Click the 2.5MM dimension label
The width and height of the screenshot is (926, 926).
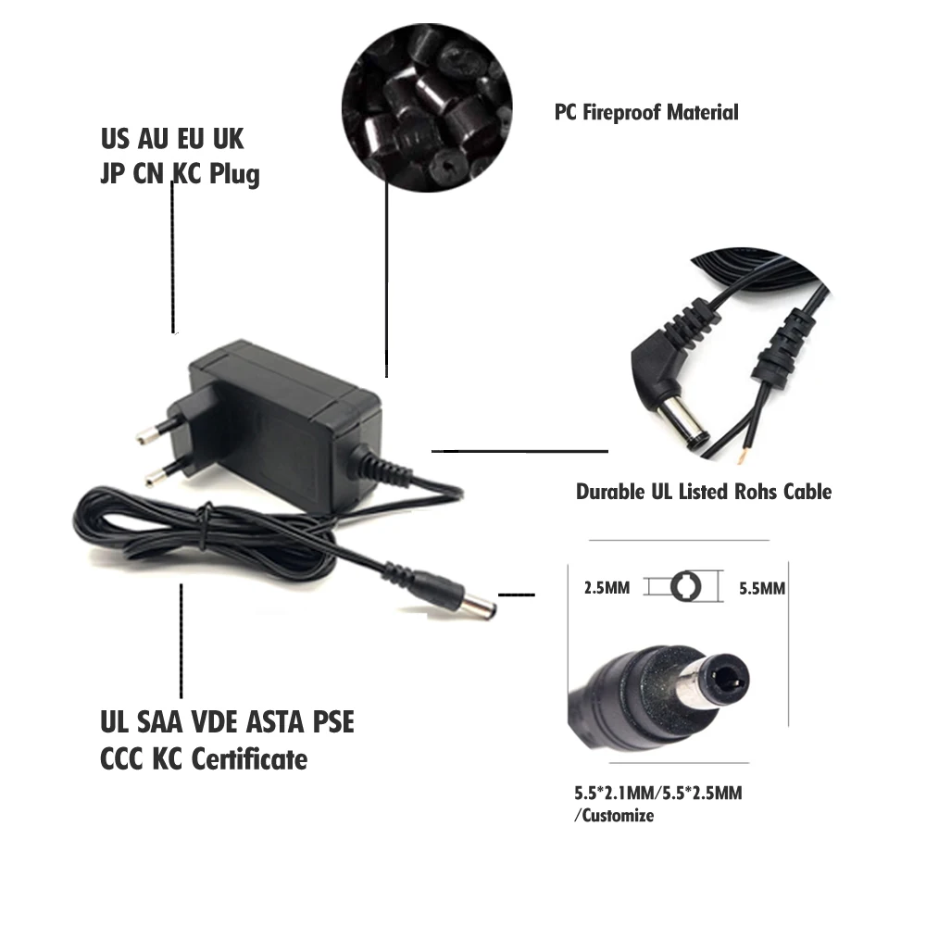pyautogui.click(x=607, y=588)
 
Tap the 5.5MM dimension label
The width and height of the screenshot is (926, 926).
pyautogui.click(x=762, y=588)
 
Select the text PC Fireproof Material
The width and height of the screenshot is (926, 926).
pyautogui.click(x=646, y=113)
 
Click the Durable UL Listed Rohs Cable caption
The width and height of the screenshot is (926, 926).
pyautogui.click(x=704, y=491)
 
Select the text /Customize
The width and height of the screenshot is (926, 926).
pyautogui.click(x=614, y=816)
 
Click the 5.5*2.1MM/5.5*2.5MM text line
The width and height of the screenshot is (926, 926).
pyautogui.click(x=657, y=794)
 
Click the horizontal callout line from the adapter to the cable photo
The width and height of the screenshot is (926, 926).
pyautogui.click(x=519, y=451)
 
